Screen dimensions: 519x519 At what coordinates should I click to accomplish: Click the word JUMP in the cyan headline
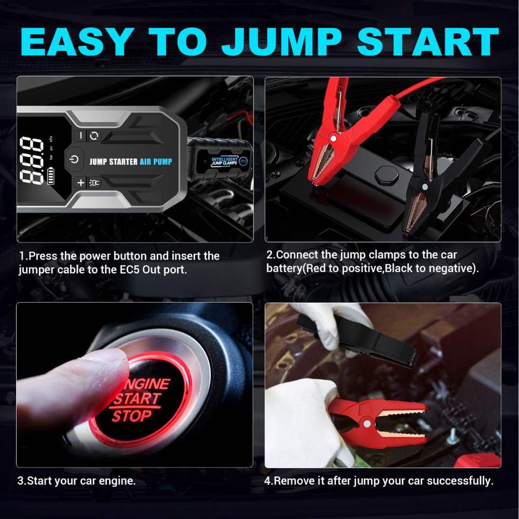(282, 42)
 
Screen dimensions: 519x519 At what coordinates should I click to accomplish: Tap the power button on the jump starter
(74, 159)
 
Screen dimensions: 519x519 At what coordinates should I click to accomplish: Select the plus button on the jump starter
(81, 182)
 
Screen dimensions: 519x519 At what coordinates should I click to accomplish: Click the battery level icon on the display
(51, 176)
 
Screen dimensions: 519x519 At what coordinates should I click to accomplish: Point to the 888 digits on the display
(31, 160)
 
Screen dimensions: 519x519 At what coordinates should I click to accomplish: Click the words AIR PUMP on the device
(156, 162)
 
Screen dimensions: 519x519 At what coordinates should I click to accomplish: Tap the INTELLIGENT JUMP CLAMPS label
(225, 161)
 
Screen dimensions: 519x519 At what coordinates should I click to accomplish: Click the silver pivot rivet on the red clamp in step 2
(333, 138)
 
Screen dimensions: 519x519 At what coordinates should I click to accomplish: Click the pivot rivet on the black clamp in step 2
(424, 187)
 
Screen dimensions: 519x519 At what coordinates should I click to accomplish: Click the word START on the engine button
(137, 399)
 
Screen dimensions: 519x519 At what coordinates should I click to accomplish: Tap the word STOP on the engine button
(131, 416)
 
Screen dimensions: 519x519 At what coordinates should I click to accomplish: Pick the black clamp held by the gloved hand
(358, 342)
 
